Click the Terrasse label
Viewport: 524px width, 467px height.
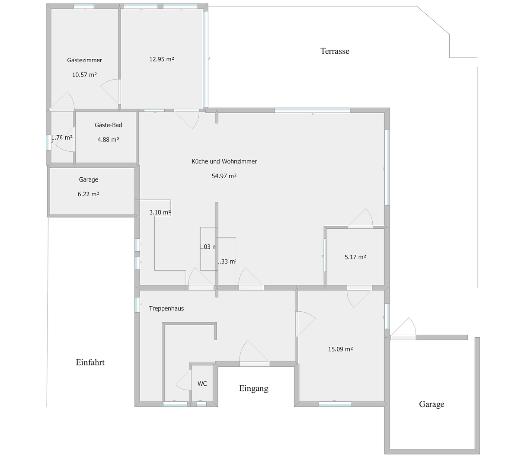coord(335,51)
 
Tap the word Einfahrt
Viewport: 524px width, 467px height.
coord(90,362)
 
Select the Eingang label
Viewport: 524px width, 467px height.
coord(253,388)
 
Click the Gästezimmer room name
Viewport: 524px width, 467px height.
coord(84,60)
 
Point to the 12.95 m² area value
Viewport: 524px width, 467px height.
coord(162,59)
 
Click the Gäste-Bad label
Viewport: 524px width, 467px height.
coord(108,125)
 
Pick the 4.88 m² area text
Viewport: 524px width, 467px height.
coord(108,140)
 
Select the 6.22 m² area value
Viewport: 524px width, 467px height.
coord(89,194)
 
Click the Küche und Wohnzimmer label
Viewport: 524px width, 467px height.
coord(224,161)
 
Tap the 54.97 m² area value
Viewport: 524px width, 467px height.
coord(224,176)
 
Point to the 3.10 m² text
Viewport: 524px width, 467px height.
coord(160,212)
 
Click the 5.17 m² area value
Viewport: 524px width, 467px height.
coord(355,257)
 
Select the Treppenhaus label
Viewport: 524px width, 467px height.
coord(166,308)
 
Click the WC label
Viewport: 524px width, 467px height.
coord(202,384)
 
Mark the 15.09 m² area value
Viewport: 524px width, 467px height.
coord(340,349)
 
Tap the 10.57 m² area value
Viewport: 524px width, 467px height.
coord(84,75)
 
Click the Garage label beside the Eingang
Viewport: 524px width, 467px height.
coord(431,404)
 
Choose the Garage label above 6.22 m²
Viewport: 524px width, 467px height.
coord(89,179)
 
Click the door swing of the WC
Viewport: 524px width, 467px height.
coord(183,381)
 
